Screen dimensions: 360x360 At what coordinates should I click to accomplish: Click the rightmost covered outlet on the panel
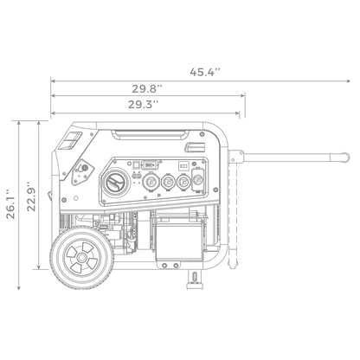pyautogui.click(x=198, y=182)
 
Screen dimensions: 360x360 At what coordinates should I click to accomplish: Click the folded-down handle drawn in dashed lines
pyautogui.click(x=234, y=216)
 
